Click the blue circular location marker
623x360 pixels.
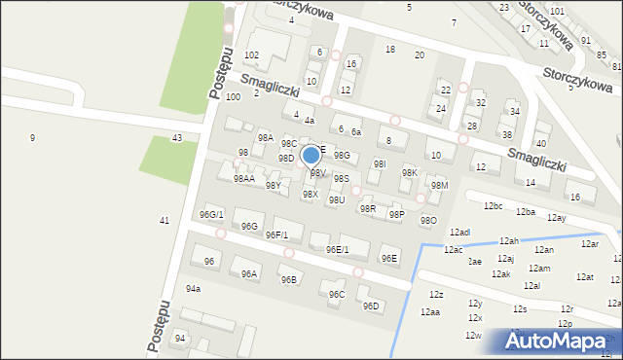point(311,155)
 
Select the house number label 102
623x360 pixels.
point(251,54)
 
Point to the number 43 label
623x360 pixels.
point(177,138)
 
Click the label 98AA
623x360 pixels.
point(243,179)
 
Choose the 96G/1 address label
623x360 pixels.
point(211,214)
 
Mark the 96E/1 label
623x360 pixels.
point(337,250)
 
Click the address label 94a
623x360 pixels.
point(194,289)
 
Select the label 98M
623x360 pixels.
point(439,186)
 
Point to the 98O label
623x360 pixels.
point(427,221)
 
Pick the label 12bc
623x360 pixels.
point(493,206)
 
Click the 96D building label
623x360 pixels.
point(371,306)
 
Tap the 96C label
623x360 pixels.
point(337,294)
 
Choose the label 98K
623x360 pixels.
point(410,172)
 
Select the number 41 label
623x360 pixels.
point(165,221)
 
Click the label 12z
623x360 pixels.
point(436,295)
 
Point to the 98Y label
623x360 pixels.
point(274,185)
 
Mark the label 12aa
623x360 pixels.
point(430,312)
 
